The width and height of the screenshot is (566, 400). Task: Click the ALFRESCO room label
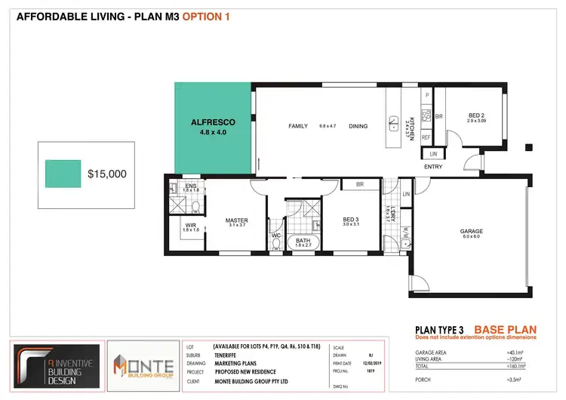click(213, 122)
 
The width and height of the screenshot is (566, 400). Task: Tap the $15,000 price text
click(107, 174)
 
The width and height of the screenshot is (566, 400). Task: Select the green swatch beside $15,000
click(63, 174)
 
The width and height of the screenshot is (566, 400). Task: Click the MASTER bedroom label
click(236, 220)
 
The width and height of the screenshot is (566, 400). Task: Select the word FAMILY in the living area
click(298, 126)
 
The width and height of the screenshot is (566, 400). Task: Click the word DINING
click(358, 126)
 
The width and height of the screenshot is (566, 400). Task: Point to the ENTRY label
click(434, 166)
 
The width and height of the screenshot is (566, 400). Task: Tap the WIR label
click(189, 224)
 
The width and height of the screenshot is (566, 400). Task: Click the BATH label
click(303, 241)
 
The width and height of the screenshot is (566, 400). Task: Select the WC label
click(275, 236)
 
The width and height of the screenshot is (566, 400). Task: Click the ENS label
click(190, 186)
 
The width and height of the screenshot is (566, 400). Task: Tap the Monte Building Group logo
click(143, 365)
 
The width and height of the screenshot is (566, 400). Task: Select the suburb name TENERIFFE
click(225, 354)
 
